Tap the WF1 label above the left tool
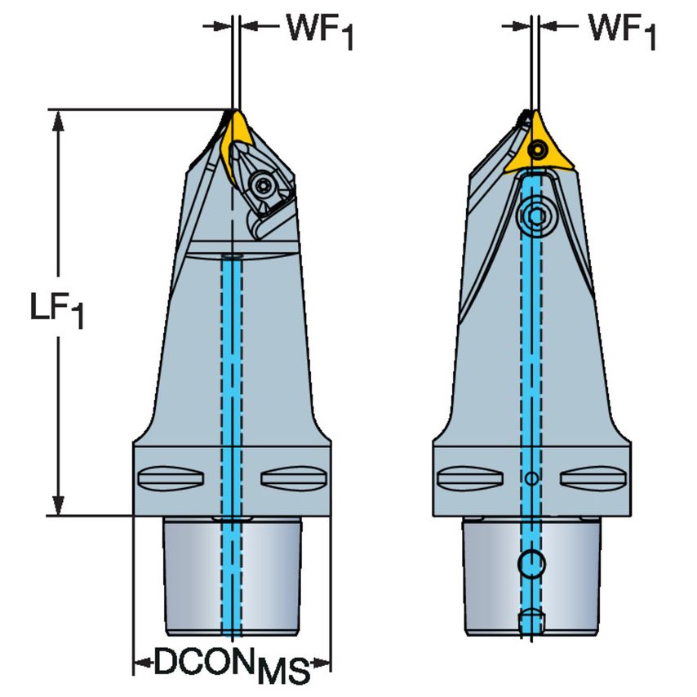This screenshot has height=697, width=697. click(x=318, y=31)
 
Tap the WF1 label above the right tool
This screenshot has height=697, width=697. click(x=622, y=31)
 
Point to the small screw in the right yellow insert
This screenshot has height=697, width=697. click(x=537, y=150)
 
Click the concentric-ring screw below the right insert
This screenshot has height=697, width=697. click(x=536, y=215)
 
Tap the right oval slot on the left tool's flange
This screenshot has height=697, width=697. click(x=284, y=476)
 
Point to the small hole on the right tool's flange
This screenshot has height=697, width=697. click(x=531, y=477)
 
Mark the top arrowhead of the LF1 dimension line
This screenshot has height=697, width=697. click(x=58, y=119)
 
